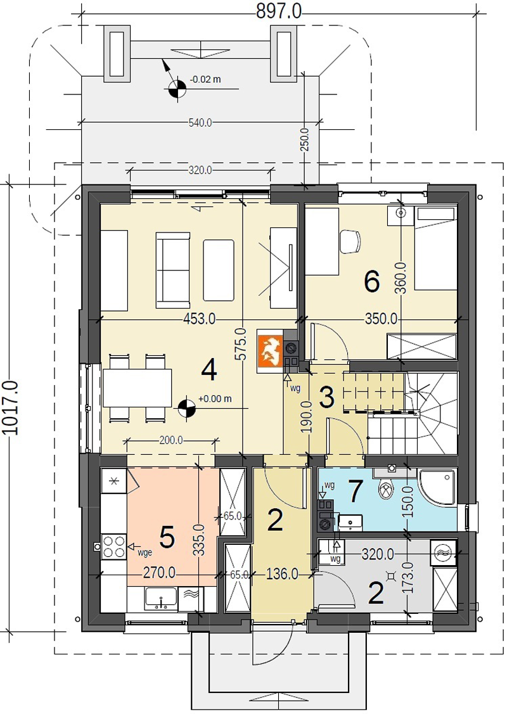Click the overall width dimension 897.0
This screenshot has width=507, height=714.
pos(278,11)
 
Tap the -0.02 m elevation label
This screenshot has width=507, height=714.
pos(205,79)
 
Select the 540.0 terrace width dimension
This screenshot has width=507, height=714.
pos(200,122)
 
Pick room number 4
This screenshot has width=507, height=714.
pos(209,370)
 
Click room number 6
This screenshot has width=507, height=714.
pos(372,282)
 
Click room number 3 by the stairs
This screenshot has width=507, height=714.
pos(326,397)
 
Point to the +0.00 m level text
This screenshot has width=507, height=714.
pos(215,399)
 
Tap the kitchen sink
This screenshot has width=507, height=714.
pos(161,598)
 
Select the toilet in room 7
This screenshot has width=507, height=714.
pos(387,488)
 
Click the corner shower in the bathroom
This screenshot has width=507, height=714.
pos(438,487)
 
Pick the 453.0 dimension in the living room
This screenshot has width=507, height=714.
pos(200,319)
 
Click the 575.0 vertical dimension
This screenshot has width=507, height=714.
pos(241,344)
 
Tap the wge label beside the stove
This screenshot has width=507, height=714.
pos(144,552)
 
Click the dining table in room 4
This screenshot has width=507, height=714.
pos(137,388)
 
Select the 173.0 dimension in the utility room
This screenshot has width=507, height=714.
pos(408,577)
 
